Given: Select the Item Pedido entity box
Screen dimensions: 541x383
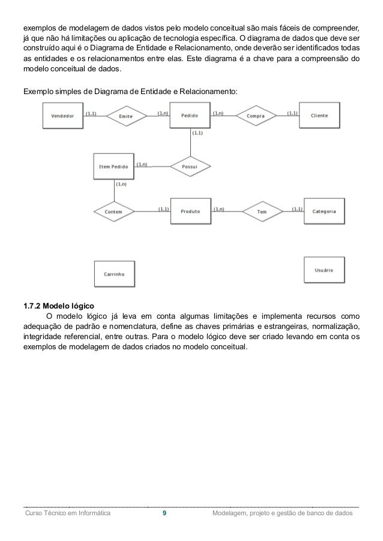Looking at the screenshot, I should point(113,167).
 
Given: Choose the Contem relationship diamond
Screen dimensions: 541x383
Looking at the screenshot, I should point(113,211).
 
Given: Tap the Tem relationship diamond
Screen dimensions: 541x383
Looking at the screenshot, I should point(262,211).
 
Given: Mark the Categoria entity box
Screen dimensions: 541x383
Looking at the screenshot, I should point(324,211).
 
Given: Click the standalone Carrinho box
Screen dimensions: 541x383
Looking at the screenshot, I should point(113,273).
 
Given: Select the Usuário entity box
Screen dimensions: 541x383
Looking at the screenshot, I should point(324,271).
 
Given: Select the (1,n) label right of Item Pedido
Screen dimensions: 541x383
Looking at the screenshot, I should point(142,164).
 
